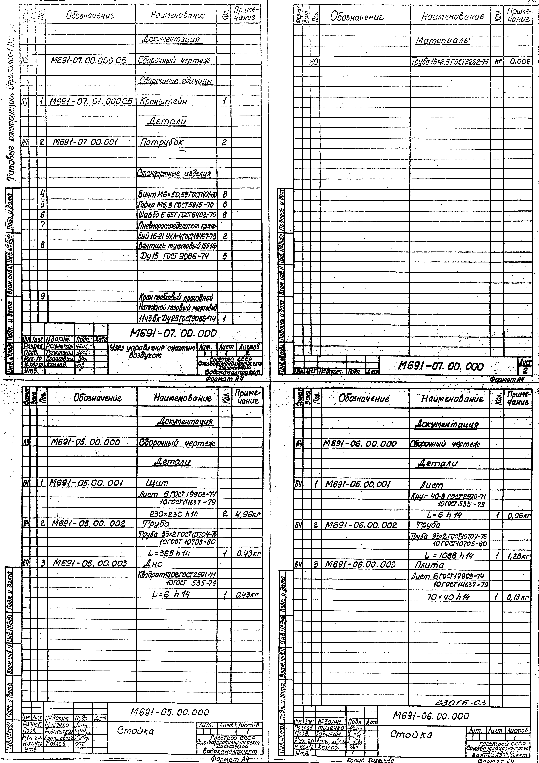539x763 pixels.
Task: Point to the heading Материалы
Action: pyautogui.click(x=442, y=41)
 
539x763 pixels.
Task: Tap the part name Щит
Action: pyautogui.click(x=157, y=483)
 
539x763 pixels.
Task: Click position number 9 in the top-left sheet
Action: pyautogui.click(x=43, y=296)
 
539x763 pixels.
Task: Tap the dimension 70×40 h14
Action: pyautogui.click(x=449, y=597)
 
